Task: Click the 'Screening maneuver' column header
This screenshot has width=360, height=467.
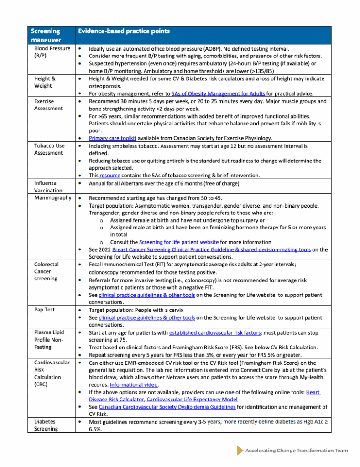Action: click(45, 35)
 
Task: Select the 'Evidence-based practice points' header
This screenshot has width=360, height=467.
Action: click(124, 31)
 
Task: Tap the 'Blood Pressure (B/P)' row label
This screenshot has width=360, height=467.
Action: click(52, 52)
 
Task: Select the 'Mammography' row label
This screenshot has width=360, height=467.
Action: click(52, 198)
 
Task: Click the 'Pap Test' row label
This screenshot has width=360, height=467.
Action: click(44, 310)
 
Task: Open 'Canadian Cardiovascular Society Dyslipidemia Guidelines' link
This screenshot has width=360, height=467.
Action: click(167, 407)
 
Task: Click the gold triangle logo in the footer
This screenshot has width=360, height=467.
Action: click(240, 451)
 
